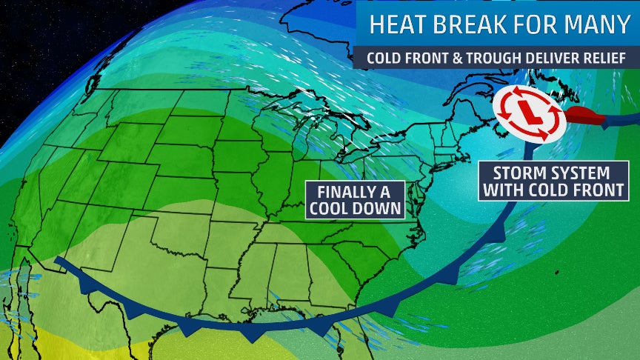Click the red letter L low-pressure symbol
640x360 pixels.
[x=528, y=113]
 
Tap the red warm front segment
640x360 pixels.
[x=585, y=116]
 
